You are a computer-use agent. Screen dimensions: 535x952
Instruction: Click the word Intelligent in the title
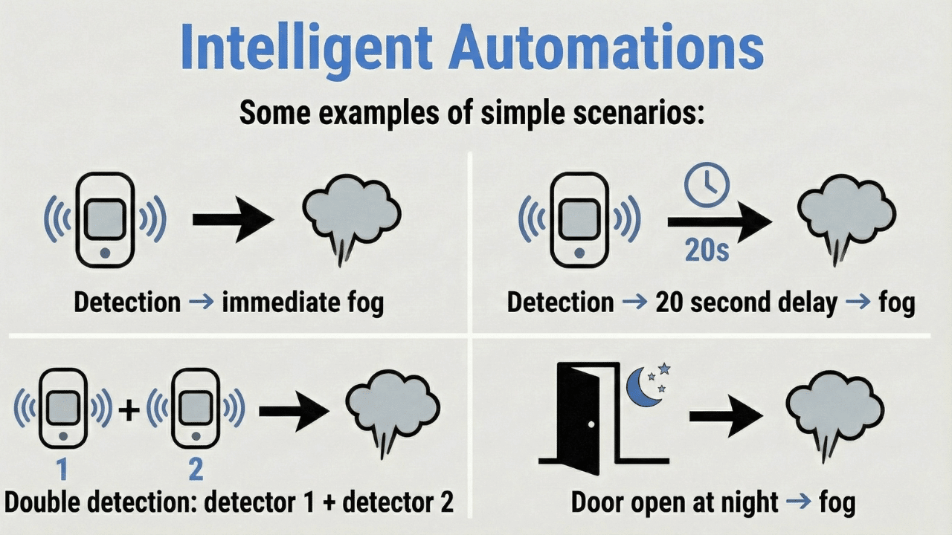click(x=306, y=46)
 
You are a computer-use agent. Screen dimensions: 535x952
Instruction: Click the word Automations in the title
click(x=607, y=46)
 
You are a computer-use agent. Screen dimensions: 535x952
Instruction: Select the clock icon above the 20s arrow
click(x=707, y=186)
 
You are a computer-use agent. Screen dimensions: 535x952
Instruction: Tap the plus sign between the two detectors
click(x=129, y=409)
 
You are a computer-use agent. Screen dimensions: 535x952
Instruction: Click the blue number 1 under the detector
click(x=63, y=470)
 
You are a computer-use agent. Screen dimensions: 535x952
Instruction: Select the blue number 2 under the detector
click(x=195, y=470)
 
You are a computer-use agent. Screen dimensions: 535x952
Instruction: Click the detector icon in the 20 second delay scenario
click(x=579, y=219)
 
